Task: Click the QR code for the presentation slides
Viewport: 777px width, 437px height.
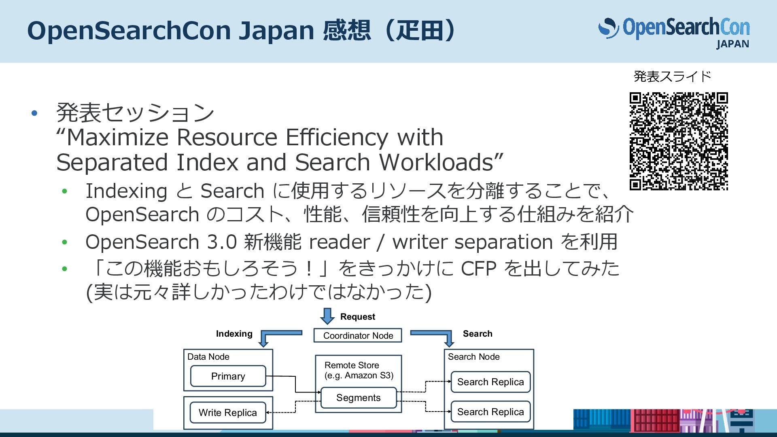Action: [x=679, y=141]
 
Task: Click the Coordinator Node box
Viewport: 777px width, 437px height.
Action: [x=358, y=335]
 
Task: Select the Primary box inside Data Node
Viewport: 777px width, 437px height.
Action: [x=228, y=376]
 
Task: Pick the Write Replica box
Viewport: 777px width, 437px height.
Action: [x=228, y=413]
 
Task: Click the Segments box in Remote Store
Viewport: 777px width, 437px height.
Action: [x=358, y=398]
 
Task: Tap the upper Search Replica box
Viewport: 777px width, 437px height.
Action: [x=490, y=382]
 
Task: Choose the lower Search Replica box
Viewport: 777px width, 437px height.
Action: [x=490, y=412]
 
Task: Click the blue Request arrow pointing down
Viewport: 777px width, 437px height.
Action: [x=327, y=316]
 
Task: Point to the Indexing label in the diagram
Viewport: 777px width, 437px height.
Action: [x=234, y=334]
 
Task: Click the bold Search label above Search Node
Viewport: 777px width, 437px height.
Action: [x=478, y=334]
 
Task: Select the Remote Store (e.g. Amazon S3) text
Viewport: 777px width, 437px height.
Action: [x=359, y=370]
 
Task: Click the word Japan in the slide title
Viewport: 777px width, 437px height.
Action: [x=276, y=31]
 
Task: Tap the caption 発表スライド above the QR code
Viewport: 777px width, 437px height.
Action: [x=672, y=76]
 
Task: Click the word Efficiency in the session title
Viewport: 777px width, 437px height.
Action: [x=337, y=137]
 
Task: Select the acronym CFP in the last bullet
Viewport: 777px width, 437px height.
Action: [x=478, y=268]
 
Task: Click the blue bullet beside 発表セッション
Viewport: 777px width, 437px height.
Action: [x=34, y=113]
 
